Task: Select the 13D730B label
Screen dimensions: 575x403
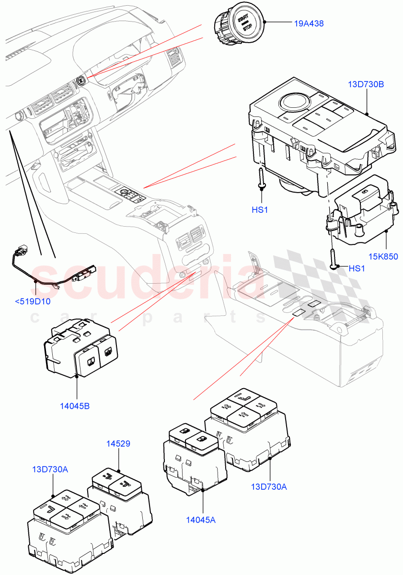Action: pyautogui.click(x=366, y=84)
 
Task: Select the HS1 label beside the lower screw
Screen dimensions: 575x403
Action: pyautogui.click(x=357, y=268)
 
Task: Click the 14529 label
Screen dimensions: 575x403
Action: pyautogui.click(x=118, y=444)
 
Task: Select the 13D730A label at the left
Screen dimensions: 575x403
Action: pyautogui.click(x=50, y=469)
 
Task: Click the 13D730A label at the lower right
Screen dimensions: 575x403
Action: pyautogui.click(x=269, y=487)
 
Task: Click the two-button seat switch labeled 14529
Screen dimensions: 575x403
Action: pyautogui.click(x=120, y=498)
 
